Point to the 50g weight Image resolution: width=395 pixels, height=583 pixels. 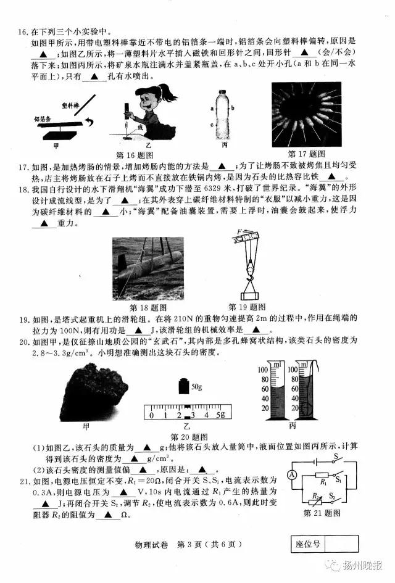pos(183,386)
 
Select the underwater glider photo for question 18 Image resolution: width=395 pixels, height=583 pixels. pos(149,269)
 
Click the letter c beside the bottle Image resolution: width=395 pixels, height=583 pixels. pos(212,126)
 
